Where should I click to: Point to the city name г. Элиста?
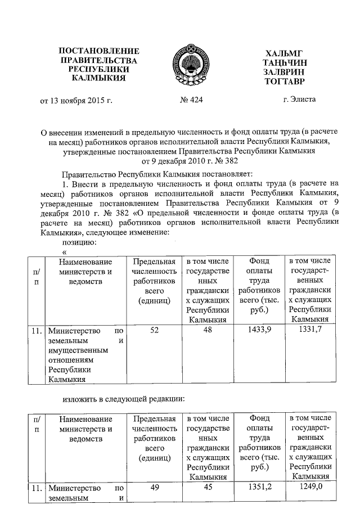point(300,99)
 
